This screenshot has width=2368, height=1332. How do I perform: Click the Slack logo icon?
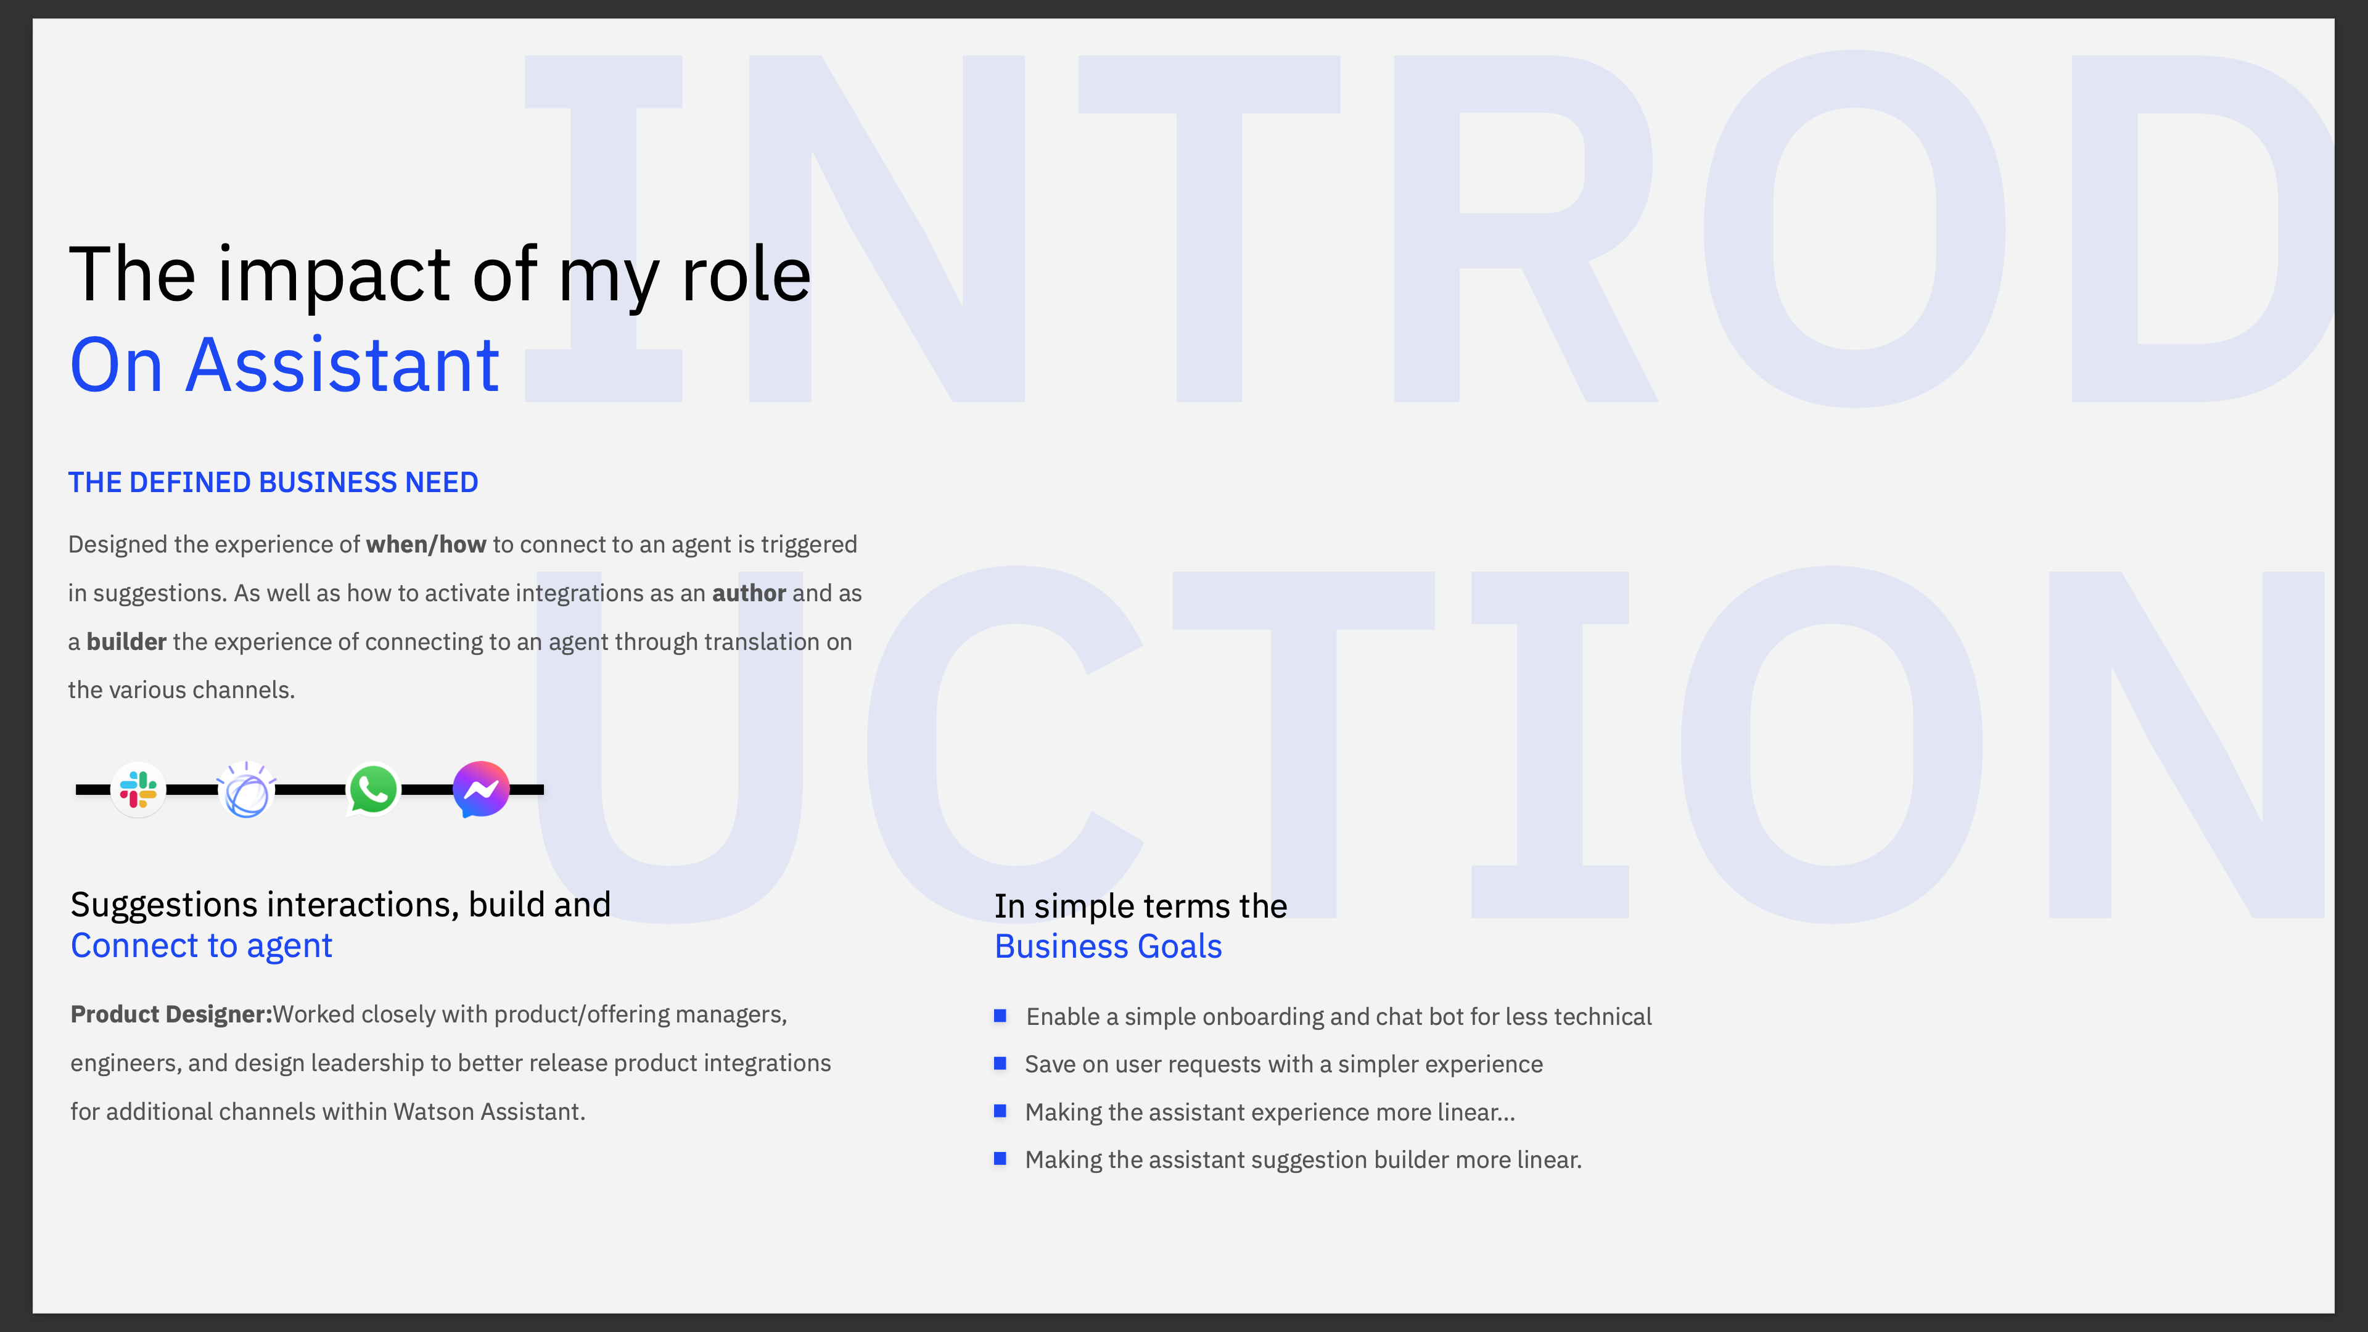click(x=138, y=789)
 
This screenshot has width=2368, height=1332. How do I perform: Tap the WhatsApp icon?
click(x=373, y=789)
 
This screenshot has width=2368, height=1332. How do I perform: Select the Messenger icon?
click(x=481, y=789)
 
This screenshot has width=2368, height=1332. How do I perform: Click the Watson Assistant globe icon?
click(x=247, y=789)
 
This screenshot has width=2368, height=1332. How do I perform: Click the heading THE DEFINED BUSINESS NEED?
click(x=273, y=483)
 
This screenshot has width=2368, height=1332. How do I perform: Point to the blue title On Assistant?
click(x=285, y=365)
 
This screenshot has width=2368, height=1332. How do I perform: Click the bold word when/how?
click(x=425, y=545)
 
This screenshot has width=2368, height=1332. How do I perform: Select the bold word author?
click(x=749, y=594)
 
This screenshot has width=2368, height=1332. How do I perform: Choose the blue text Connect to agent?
click(x=201, y=946)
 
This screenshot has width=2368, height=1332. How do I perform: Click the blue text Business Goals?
click(x=1109, y=946)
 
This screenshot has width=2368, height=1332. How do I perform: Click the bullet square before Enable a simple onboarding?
click(x=1000, y=1016)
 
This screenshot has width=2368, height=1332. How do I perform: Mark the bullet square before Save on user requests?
click(x=1000, y=1064)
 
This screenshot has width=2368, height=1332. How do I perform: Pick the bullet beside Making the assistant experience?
click(x=1000, y=1111)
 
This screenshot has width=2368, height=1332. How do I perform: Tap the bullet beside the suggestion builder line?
click(x=1000, y=1159)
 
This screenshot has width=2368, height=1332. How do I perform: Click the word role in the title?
click(x=746, y=275)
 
